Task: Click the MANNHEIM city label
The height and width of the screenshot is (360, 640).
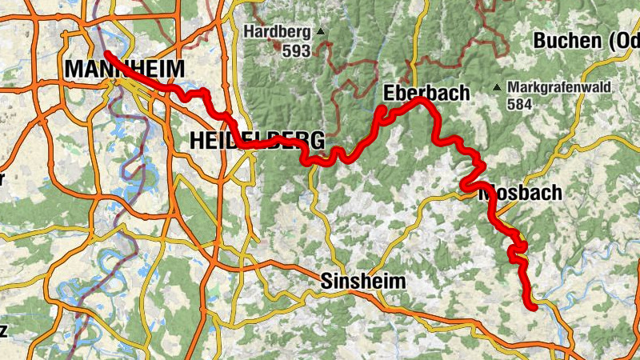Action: (x=124, y=69)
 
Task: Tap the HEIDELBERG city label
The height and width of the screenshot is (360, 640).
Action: (x=257, y=141)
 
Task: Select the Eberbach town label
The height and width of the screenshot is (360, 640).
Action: (x=426, y=92)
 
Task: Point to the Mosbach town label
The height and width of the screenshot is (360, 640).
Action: (x=520, y=193)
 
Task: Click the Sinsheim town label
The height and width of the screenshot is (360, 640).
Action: (x=363, y=281)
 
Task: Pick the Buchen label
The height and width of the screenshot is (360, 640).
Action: (x=576, y=40)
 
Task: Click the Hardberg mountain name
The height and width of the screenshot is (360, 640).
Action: (x=278, y=33)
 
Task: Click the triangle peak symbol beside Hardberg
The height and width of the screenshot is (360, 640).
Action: (x=321, y=32)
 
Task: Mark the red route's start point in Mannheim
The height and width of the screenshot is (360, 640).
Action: (x=106, y=54)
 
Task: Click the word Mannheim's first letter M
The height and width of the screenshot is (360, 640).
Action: (x=73, y=69)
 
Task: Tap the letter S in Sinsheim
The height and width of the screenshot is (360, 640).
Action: (x=326, y=281)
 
